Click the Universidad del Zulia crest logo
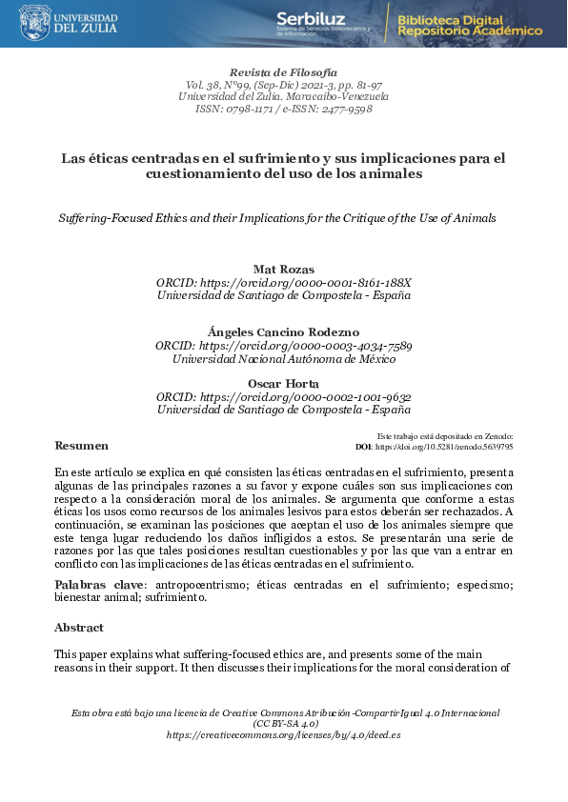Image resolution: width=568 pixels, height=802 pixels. (35, 21)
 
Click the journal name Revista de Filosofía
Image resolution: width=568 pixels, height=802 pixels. (283, 72)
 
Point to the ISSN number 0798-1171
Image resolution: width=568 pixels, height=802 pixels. (250, 110)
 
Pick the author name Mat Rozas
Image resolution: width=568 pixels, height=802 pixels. (283, 271)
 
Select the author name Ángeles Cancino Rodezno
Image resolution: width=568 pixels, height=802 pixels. (283, 331)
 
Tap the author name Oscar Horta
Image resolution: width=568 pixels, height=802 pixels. (283, 384)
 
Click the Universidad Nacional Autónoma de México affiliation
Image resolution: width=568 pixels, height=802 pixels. (283, 358)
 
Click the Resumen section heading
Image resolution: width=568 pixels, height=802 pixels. (81, 446)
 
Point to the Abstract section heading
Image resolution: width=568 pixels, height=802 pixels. (79, 629)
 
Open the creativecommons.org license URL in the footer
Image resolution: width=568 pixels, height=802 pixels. (283, 735)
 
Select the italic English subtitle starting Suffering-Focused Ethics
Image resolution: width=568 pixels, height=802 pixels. (277, 218)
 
